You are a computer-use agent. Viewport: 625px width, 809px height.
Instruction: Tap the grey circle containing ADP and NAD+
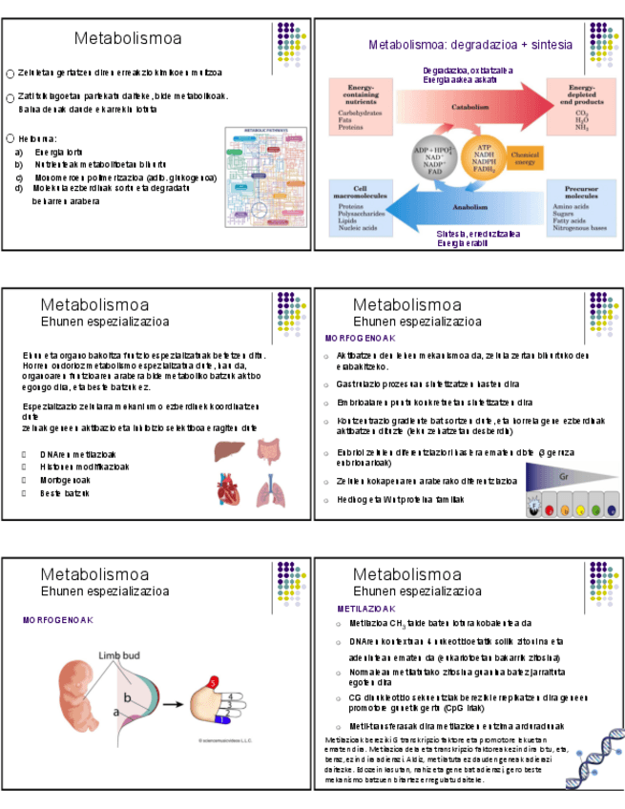tap(432, 158)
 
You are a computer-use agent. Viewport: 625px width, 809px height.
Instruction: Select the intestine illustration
tap(270, 450)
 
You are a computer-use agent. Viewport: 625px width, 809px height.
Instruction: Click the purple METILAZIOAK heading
tap(366, 608)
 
